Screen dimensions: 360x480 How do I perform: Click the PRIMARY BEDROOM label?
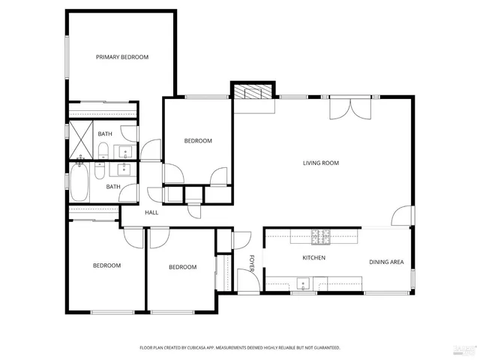coord(121,57)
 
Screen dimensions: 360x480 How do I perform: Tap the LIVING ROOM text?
coord(321,163)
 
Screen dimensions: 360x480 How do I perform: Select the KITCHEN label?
coord(313,258)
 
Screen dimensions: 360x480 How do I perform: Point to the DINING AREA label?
coord(386,262)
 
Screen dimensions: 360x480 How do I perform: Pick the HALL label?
coord(151,213)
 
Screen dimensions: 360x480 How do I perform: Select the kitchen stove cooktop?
coord(321,237)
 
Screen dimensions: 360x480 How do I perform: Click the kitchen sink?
coord(302,284)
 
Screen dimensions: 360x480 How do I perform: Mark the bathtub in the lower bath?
coord(79,184)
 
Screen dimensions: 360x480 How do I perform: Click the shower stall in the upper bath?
coord(80,133)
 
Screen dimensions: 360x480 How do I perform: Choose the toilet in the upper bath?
coord(103,150)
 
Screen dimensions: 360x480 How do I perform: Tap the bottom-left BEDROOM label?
coord(106,265)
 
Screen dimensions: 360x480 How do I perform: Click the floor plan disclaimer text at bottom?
coord(240,347)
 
